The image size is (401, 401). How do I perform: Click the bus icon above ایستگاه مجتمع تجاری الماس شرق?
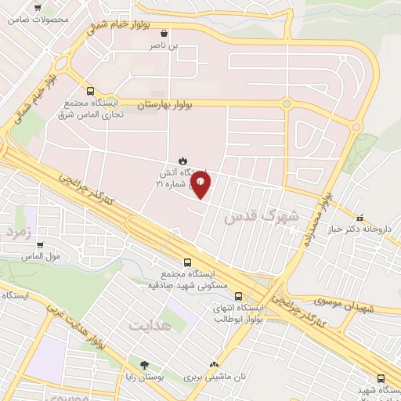[90, 91]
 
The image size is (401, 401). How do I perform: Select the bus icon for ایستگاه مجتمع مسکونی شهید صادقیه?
[186, 263]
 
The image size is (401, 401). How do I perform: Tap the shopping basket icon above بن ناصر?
[164, 34]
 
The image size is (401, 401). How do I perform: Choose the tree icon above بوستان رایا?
[144, 365]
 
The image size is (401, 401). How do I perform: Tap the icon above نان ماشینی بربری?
[215, 364]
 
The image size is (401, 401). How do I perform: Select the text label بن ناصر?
[164, 46]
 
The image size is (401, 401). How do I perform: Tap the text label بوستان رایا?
[144, 378]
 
